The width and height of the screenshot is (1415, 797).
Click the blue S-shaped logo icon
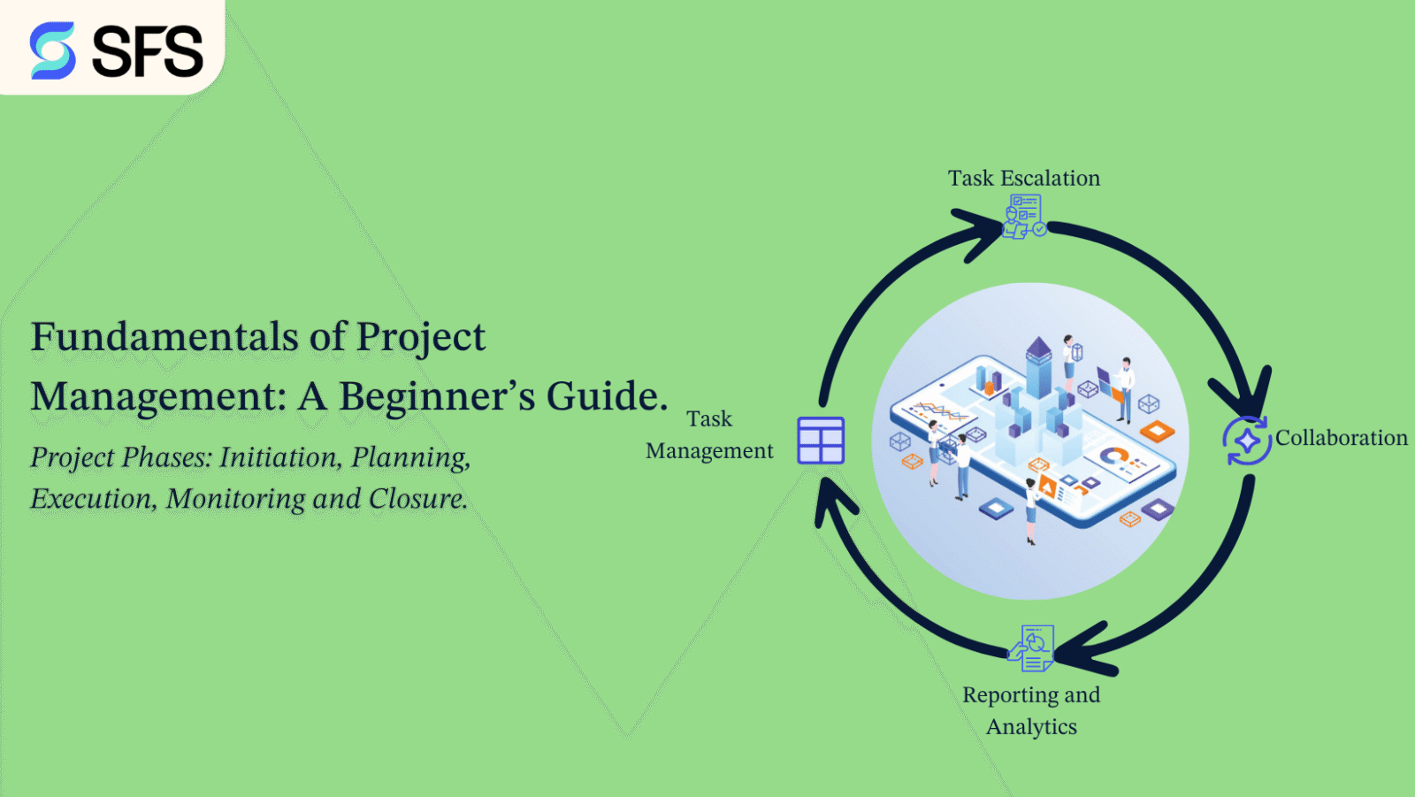coord(52,50)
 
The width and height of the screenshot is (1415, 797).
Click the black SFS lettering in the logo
coord(148,51)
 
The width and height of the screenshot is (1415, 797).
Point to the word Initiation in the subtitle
coord(280,457)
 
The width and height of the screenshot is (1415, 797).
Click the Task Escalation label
coord(1024,179)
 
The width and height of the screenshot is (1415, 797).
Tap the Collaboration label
coord(1341,438)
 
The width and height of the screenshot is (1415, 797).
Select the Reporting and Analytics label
coord(1031,710)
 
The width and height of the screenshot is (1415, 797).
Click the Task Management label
coord(709,434)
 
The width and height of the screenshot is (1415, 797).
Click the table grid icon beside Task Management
coord(821,441)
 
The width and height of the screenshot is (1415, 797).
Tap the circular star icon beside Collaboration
coord(1247,441)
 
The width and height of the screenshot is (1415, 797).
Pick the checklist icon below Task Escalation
coord(1024,217)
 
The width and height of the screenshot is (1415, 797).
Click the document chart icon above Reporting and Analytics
coord(1032,648)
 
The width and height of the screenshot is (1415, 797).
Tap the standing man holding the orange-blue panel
coord(1124,387)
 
